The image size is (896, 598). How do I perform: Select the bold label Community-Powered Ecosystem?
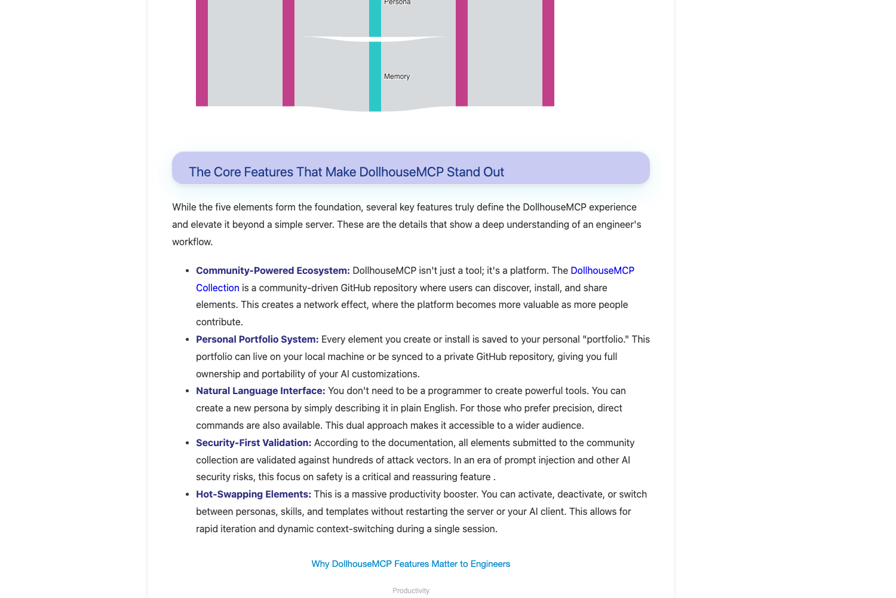point(273,270)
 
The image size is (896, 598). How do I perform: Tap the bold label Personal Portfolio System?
point(257,339)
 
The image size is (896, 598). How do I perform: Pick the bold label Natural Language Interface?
point(260,390)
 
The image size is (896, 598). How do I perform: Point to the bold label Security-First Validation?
point(254,443)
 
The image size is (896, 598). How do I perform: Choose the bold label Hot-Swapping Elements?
point(253,494)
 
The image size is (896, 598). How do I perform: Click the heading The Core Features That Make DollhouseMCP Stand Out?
point(346,172)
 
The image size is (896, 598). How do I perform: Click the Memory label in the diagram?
point(397,77)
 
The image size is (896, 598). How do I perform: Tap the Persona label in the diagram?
point(397,2)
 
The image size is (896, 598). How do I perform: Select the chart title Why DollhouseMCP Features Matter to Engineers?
point(411,564)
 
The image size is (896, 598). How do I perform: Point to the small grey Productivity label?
point(411,591)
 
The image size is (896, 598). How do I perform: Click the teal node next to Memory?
point(375,77)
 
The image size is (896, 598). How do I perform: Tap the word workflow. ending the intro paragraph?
point(192,242)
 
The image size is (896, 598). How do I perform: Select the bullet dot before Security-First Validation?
point(188,443)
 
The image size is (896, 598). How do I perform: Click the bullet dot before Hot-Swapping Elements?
point(188,495)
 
